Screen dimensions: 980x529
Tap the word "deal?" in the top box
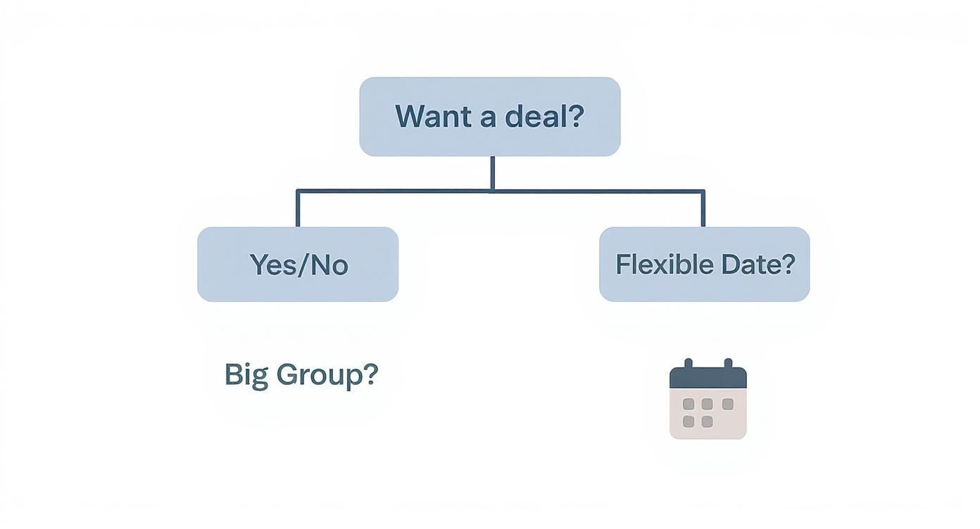(546, 116)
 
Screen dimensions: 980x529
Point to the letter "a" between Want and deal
(488, 117)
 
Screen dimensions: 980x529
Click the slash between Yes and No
(303, 264)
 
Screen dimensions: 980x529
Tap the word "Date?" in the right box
(758, 264)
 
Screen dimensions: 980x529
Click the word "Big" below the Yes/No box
(246, 375)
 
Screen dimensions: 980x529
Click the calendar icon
(708, 401)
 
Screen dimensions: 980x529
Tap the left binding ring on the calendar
(688, 363)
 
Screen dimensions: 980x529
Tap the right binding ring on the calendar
(728, 363)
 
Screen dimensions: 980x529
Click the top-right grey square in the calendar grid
(727, 404)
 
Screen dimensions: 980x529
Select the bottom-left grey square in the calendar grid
(689, 421)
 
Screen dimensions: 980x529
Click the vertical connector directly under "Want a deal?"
(492, 173)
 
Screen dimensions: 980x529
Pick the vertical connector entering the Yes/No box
(298, 209)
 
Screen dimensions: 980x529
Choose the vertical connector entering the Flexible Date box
(703, 209)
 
